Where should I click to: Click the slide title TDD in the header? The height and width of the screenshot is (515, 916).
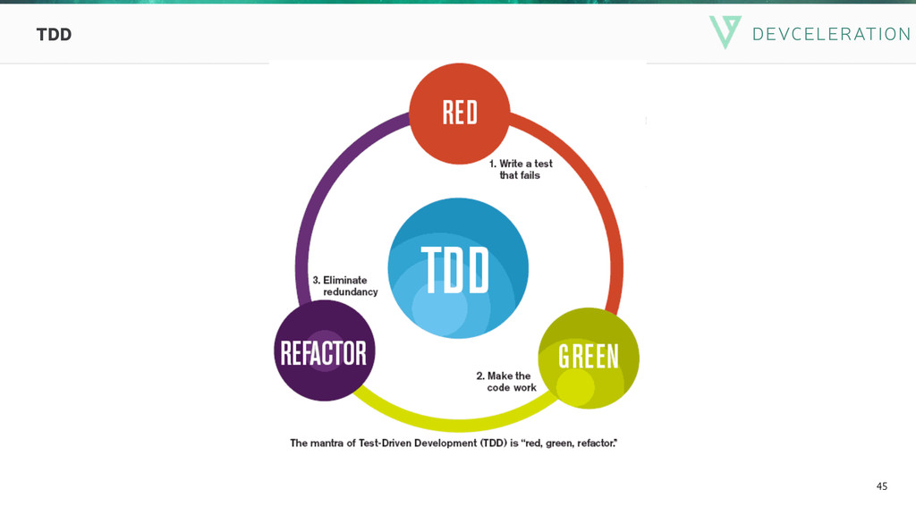(x=54, y=35)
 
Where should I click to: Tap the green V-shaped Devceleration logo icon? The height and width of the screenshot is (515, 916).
(x=725, y=31)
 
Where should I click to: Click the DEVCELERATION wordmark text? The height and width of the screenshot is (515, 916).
(x=831, y=34)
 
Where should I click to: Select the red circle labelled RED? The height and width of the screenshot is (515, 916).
(x=459, y=114)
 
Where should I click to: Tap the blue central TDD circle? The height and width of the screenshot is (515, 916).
(x=457, y=268)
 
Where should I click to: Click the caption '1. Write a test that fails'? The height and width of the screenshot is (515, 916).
(x=520, y=169)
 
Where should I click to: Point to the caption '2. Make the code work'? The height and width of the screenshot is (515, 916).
(x=506, y=382)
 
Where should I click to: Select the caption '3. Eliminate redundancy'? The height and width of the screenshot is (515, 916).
(x=344, y=285)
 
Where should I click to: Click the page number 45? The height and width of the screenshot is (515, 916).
(x=882, y=486)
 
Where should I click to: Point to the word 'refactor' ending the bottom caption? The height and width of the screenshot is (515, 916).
(x=597, y=443)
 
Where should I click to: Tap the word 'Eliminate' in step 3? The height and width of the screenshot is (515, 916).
(x=345, y=280)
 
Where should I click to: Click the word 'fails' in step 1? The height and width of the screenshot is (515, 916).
(x=527, y=175)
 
